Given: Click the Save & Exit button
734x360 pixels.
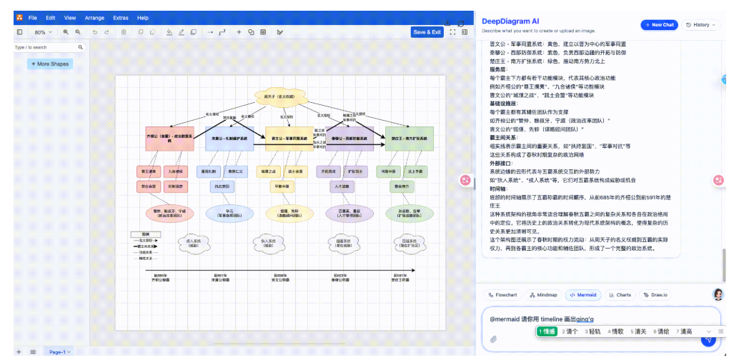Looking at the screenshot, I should pyautogui.click(x=427, y=32).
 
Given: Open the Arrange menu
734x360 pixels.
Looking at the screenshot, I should pyautogui.click(x=94, y=17).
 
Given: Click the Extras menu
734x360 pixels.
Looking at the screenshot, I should pyautogui.click(x=121, y=17).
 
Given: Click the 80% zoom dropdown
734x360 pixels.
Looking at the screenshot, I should pyautogui.click(x=44, y=32).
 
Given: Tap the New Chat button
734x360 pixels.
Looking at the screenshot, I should pyautogui.click(x=658, y=24).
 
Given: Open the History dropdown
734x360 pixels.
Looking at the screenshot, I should pyautogui.click(x=701, y=24).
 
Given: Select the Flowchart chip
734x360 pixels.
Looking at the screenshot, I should pyautogui.click(x=503, y=294).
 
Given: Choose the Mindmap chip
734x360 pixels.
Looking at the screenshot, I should pyautogui.click(x=544, y=294).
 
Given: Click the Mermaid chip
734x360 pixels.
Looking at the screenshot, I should pyautogui.click(x=584, y=294).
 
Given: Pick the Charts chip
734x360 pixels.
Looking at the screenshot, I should pyautogui.click(x=621, y=294).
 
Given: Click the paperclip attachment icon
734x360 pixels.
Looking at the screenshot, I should pyautogui.click(x=493, y=339).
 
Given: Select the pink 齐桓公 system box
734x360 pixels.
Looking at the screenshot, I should pyautogui.click(x=169, y=139).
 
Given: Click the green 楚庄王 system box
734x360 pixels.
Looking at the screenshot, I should pyautogui.click(x=410, y=139).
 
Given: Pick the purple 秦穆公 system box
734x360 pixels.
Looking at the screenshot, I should pyautogui.click(x=349, y=139).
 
